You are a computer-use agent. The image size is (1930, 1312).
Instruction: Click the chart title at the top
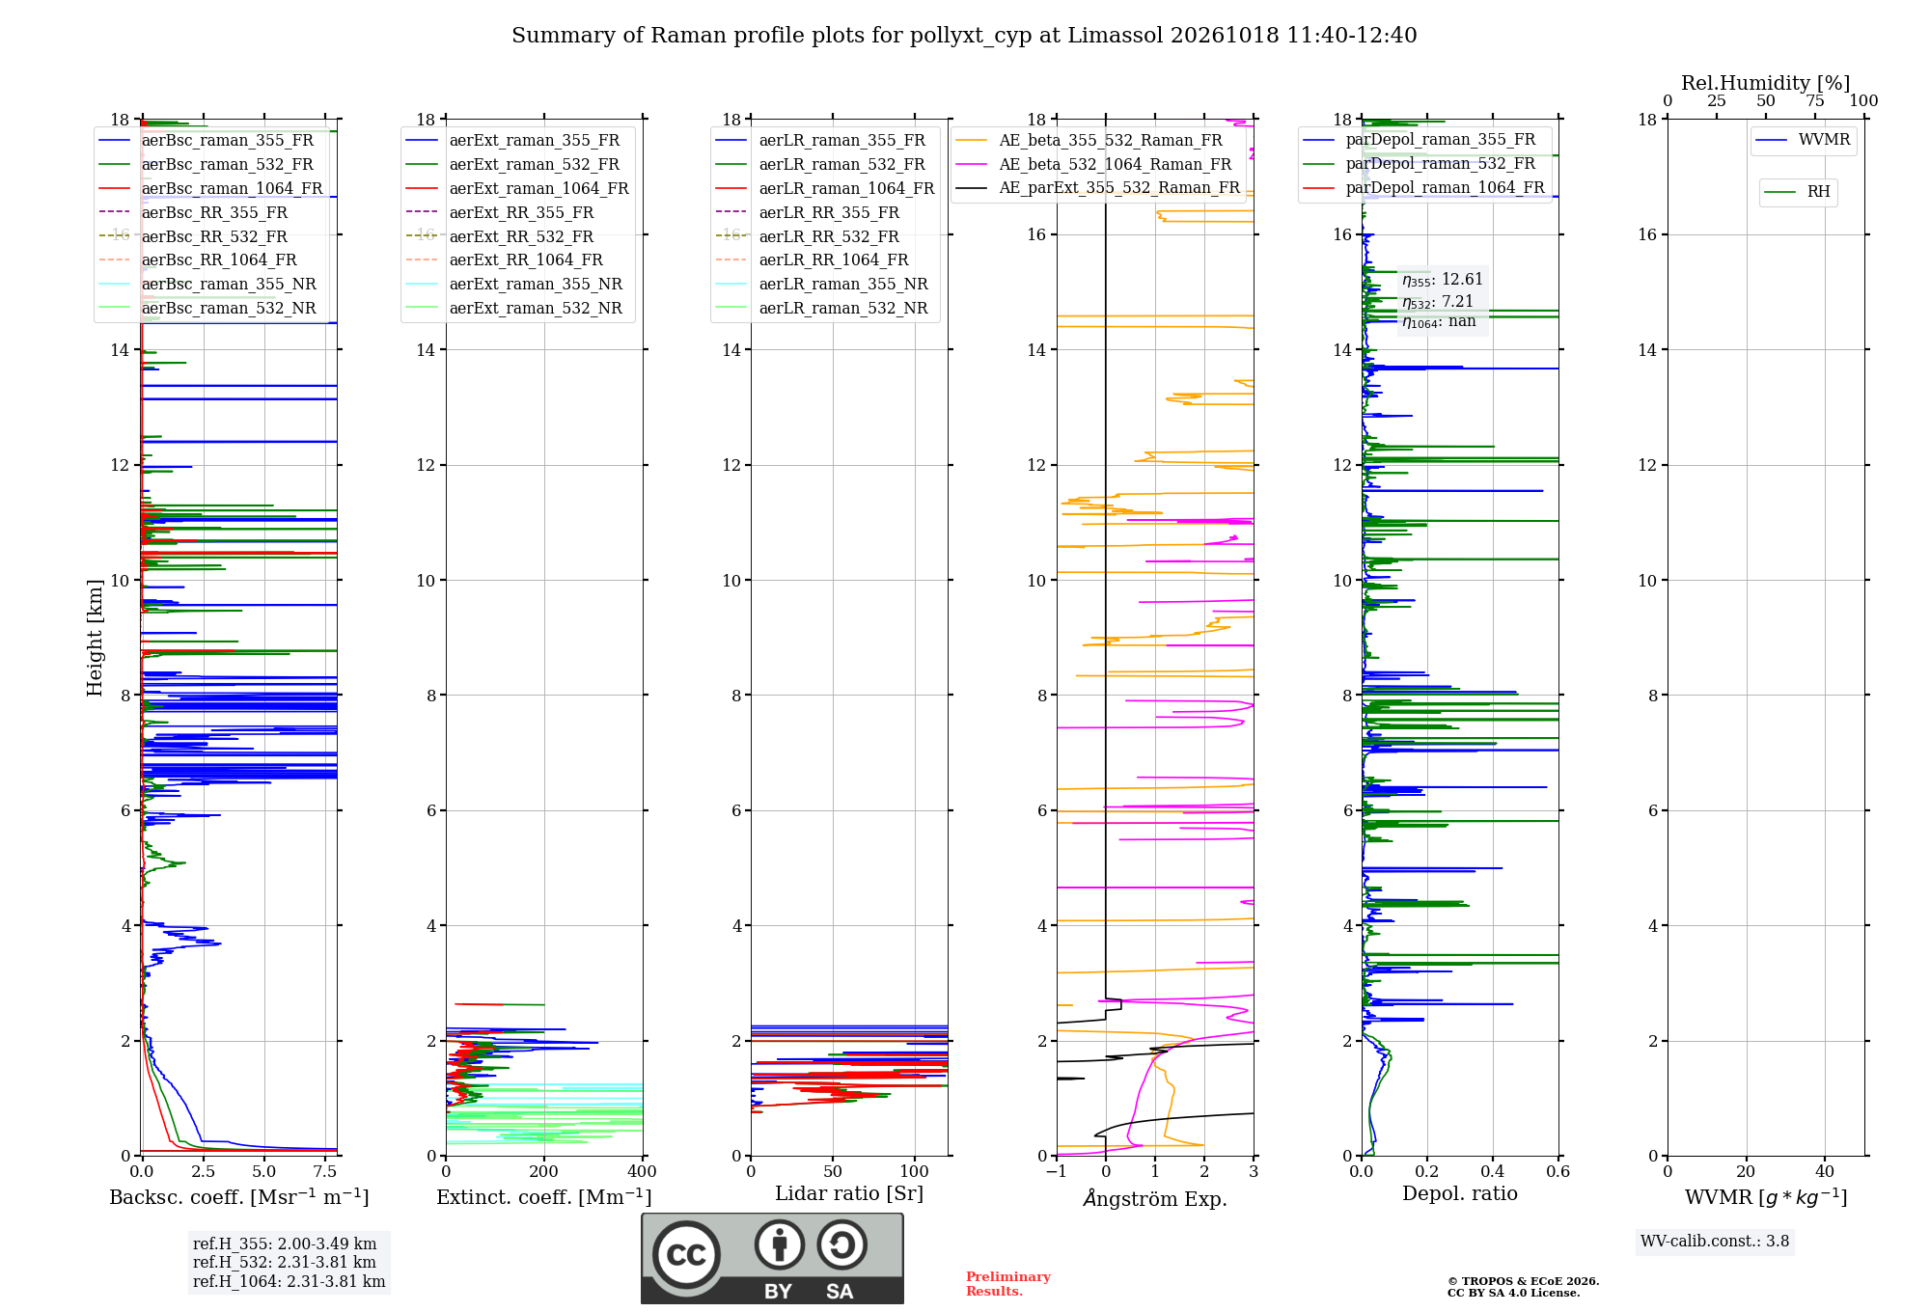(964, 36)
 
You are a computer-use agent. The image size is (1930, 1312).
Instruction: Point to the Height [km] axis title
(95, 638)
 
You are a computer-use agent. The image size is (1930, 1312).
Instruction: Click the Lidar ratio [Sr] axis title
(849, 1194)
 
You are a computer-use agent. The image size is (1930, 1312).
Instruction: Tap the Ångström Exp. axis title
(1155, 1198)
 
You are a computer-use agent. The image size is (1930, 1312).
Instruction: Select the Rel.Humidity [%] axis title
(1766, 83)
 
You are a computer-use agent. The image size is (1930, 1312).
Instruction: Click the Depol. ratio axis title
(1460, 1194)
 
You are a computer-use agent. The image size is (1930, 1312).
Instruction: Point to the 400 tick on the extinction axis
(643, 1172)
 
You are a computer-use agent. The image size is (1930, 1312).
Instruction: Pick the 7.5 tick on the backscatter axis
(325, 1172)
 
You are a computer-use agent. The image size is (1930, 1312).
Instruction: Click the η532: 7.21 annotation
(1438, 302)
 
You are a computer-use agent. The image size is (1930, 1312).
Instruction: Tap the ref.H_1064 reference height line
(289, 1282)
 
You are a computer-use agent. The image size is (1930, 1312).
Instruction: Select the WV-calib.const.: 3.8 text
(1715, 1242)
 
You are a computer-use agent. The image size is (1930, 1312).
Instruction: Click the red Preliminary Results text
(1008, 1284)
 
